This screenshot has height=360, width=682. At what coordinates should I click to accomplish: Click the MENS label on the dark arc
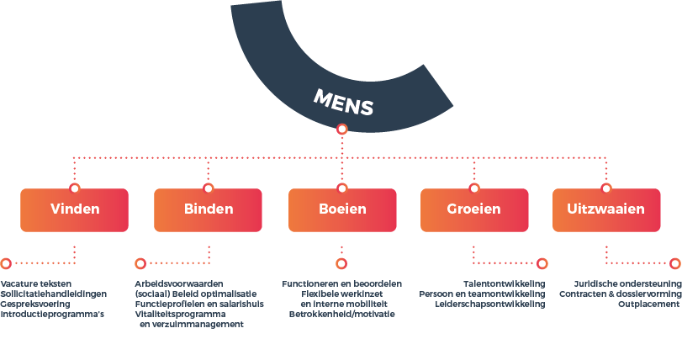(343, 102)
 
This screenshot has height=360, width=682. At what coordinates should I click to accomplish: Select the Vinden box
(74, 210)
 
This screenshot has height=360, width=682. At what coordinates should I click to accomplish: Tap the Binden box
(208, 210)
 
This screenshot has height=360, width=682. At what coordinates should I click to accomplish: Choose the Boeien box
(342, 210)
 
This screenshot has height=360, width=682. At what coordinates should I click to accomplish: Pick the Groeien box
(474, 210)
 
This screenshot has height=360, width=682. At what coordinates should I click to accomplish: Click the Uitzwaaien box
(606, 210)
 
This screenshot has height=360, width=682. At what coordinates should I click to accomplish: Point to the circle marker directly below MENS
(342, 130)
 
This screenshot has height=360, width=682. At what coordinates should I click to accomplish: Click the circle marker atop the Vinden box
(74, 188)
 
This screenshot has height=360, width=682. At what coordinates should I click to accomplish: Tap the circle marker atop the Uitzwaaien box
(605, 188)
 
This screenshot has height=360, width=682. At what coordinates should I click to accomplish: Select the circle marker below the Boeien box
(341, 263)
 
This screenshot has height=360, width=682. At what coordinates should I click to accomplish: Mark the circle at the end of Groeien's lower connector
(542, 263)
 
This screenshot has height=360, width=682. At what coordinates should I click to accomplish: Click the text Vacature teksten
(35, 284)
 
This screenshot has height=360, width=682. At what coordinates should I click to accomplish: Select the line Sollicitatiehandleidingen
(54, 294)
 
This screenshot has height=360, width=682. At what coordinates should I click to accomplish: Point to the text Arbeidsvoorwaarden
(179, 284)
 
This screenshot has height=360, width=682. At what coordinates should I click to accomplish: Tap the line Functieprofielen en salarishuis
(199, 304)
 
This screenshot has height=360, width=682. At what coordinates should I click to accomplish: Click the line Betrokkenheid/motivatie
(342, 314)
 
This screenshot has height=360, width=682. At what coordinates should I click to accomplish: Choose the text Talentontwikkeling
(504, 284)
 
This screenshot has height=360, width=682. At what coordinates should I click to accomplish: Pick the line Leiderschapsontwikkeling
(490, 304)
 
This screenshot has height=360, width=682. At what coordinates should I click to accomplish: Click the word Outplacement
(648, 304)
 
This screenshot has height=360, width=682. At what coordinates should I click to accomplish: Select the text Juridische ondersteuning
(627, 284)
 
